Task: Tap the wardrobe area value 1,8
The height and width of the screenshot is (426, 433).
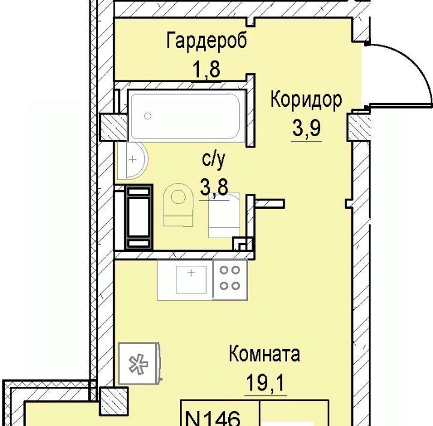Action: tap(207, 69)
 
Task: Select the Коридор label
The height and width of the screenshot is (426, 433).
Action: tap(306, 100)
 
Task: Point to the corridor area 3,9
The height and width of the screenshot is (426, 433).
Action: tap(306, 128)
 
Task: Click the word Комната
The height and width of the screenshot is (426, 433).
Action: tap(264, 354)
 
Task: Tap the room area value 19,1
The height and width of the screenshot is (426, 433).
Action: tap(265, 382)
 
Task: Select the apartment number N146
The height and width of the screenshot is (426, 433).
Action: tap(213, 418)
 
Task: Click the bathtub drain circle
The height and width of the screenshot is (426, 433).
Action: tap(148, 116)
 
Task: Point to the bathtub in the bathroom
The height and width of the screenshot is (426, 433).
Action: tap(186, 116)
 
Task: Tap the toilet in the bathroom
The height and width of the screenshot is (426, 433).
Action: tap(178, 205)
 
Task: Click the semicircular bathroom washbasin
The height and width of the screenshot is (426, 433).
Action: tap(133, 160)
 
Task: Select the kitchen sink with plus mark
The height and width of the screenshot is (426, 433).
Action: tap(192, 279)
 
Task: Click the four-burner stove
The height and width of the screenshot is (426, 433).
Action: tap(230, 280)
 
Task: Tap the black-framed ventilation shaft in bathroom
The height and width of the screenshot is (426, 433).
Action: tap(139, 217)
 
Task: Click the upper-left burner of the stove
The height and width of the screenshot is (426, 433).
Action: tap(224, 270)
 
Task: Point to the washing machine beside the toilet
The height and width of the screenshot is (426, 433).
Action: tap(224, 215)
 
